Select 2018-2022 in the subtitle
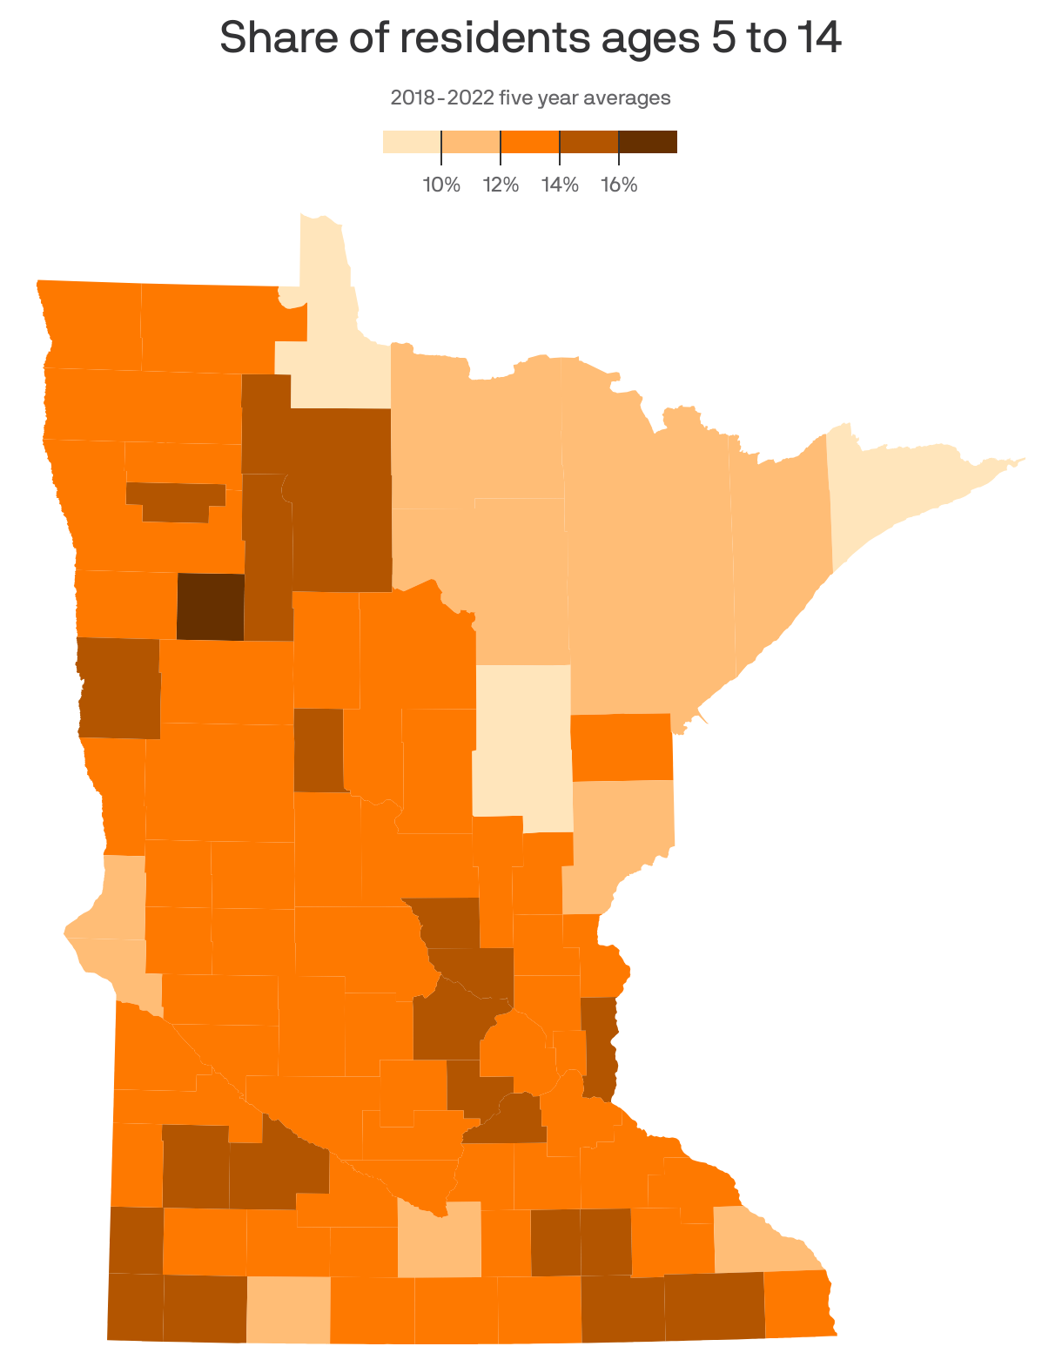[441, 98]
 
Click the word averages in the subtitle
[627, 98]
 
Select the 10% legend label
[441, 185]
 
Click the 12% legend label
[501, 185]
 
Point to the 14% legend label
[560, 185]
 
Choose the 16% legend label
[619, 185]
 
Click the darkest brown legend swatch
[648, 142]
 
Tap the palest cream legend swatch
[412, 142]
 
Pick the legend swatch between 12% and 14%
[529, 142]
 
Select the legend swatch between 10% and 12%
[471, 142]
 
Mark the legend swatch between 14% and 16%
[588, 142]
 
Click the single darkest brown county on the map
[211, 607]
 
